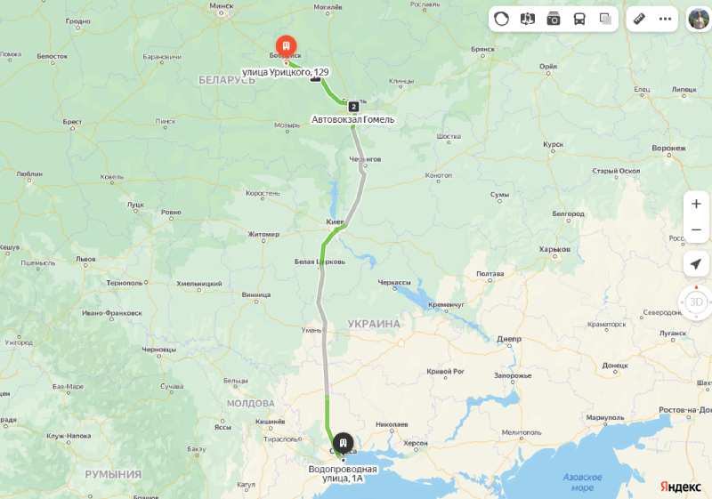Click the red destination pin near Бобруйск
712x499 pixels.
pyautogui.click(x=285, y=44)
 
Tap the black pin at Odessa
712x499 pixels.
pyautogui.click(x=343, y=441)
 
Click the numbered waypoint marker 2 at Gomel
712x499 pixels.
pyautogui.click(x=353, y=107)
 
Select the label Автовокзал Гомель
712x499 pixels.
pyautogui.click(x=352, y=119)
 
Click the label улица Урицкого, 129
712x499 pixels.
pyautogui.click(x=285, y=72)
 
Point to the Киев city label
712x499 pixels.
pyautogui.click(x=335, y=221)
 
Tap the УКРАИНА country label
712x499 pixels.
pyautogui.click(x=374, y=324)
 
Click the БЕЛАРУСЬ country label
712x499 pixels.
pyautogui.click(x=227, y=80)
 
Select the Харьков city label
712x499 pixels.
pyautogui.click(x=554, y=249)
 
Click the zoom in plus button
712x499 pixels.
pyautogui.click(x=696, y=204)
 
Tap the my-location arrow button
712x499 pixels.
pyautogui.click(x=696, y=263)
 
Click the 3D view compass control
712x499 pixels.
pyautogui.click(x=696, y=302)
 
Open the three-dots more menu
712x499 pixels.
pyautogui.click(x=665, y=19)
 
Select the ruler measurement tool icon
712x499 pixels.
pyautogui.click(x=639, y=19)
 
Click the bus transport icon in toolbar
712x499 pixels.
pyautogui.click(x=579, y=19)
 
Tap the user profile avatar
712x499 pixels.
pyautogui.click(x=699, y=19)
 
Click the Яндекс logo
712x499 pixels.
pyautogui.click(x=680, y=486)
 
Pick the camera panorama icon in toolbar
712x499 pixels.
pyautogui.click(x=554, y=19)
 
